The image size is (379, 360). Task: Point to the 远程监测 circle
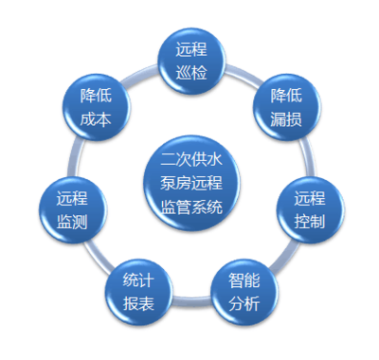click(x=72, y=208)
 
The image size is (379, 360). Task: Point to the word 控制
click(x=310, y=221)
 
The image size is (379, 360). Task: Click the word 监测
click(x=72, y=221)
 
